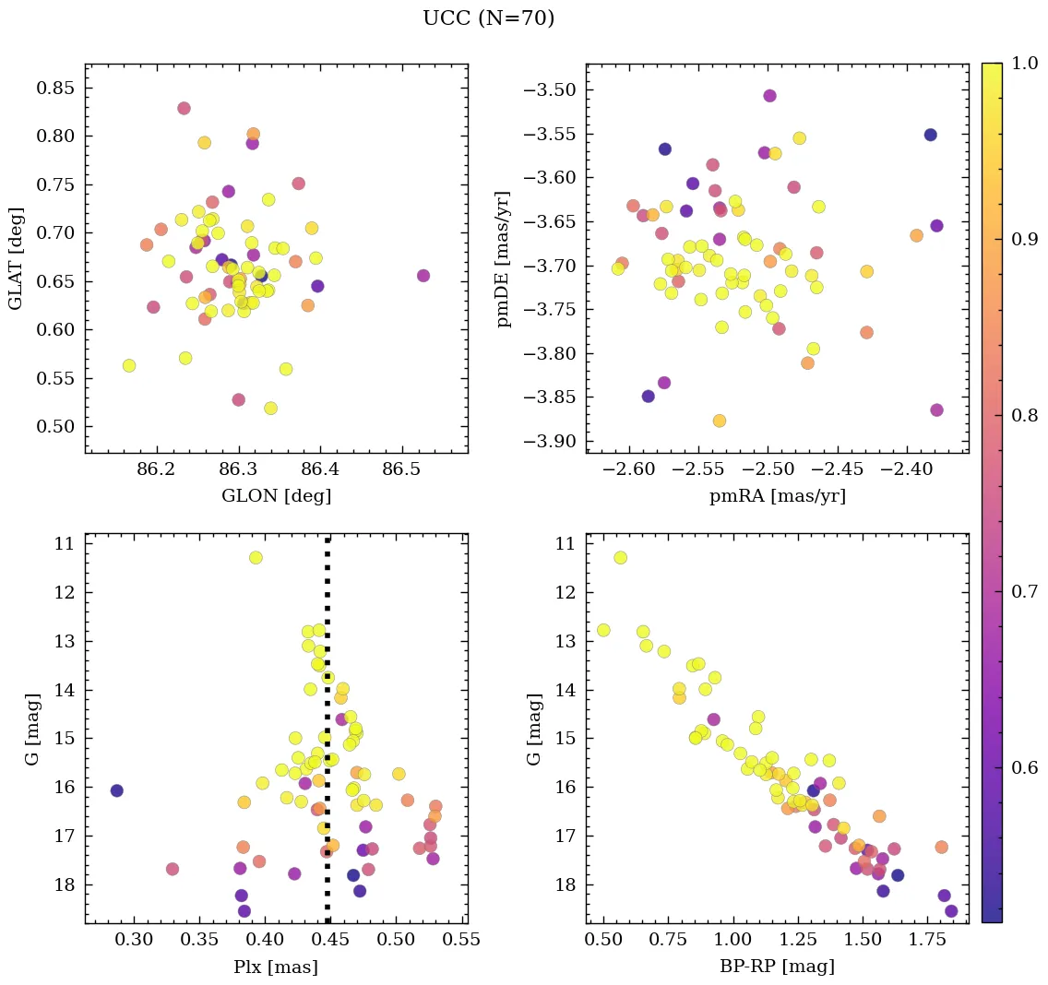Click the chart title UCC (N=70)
pyautogui.click(x=488, y=18)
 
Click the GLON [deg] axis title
pyautogui.click(x=276, y=496)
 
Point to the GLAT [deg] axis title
pyautogui.click(x=16, y=258)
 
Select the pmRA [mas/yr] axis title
pyautogui.click(x=777, y=496)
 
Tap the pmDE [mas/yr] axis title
pyautogui.click(x=504, y=258)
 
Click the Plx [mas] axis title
pyautogui.click(x=276, y=967)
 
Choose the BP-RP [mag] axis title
pyautogui.click(x=777, y=967)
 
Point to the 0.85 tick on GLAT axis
pyautogui.click(x=56, y=89)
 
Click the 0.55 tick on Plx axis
pyautogui.click(x=461, y=941)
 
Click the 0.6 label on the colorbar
pyautogui.click(x=1023, y=767)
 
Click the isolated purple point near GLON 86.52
pyautogui.click(x=423, y=276)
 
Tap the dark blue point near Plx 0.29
pyautogui.click(x=116, y=790)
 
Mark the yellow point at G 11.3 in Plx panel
pyautogui.click(x=256, y=557)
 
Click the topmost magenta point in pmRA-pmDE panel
pyautogui.click(x=769, y=96)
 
